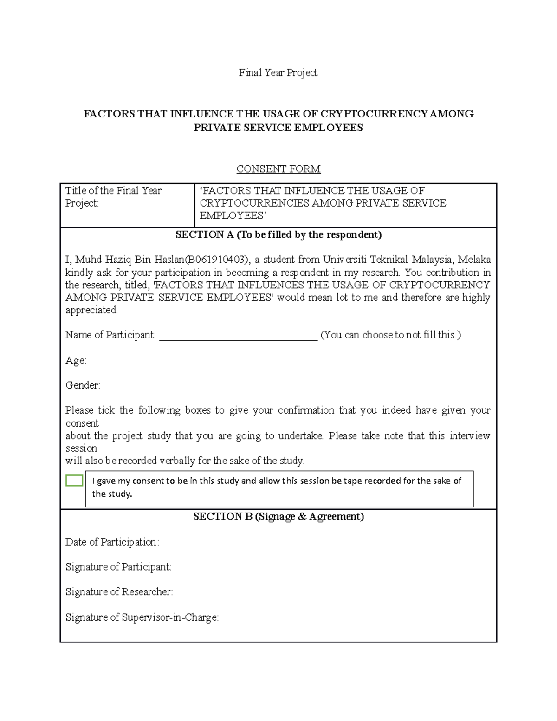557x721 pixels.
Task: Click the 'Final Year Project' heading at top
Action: [x=278, y=72]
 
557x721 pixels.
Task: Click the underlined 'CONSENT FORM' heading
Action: [x=278, y=169]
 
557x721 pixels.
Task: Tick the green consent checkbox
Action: [x=74, y=481]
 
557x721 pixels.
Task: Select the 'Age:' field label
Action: [x=76, y=361]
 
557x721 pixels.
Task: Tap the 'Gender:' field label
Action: [x=83, y=385]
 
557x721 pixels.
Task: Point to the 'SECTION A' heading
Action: [x=278, y=234]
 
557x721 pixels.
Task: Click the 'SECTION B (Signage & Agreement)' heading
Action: [x=278, y=516]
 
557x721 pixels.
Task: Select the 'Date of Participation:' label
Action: [x=112, y=542]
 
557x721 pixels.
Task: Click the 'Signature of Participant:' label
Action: [x=118, y=567]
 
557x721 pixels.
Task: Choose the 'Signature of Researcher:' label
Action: [x=119, y=592]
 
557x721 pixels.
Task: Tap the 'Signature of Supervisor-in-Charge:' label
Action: [x=142, y=617]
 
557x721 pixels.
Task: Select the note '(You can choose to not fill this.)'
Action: [x=390, y=335]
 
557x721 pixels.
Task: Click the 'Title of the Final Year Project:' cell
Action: [x=113, y=197]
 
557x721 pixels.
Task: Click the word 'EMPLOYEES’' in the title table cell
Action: [x=233, y=215]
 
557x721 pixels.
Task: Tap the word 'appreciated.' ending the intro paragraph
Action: [x=91, y=310]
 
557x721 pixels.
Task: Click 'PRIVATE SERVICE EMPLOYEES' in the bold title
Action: [x=278, y=128]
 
